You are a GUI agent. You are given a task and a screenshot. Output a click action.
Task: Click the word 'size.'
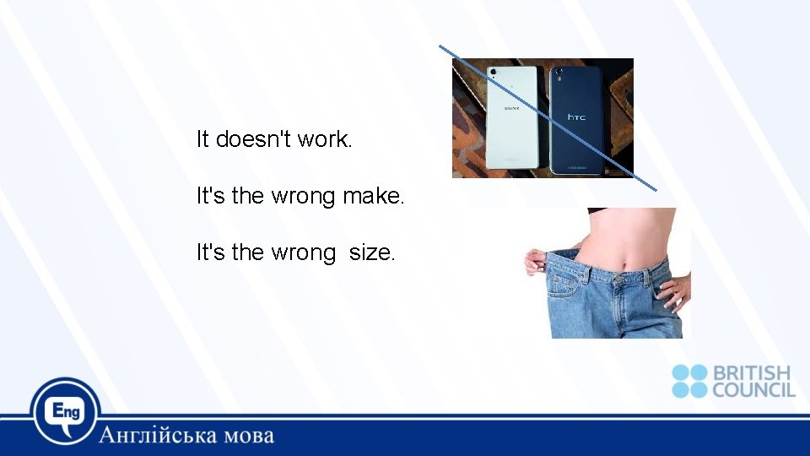371,252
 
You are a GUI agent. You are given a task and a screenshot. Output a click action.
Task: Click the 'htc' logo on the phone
576,117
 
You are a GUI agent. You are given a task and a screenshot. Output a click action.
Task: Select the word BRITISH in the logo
752,372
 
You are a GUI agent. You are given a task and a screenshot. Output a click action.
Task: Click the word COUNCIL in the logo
753,389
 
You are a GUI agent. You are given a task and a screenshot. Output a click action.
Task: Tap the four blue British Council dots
689,381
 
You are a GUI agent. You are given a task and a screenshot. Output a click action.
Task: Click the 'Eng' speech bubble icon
66,411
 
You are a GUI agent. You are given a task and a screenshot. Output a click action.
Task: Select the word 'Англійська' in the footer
157,436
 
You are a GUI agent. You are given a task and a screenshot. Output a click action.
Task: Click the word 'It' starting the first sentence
202,138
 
